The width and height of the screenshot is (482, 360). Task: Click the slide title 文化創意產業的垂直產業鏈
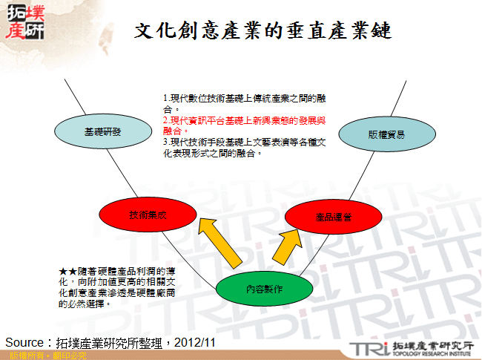[x=263, y=31]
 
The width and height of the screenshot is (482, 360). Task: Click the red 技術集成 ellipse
[x=147, y=214]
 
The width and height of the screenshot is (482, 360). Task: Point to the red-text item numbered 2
[x=248, y=124]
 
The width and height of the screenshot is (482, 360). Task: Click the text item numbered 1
[x=248, y=102]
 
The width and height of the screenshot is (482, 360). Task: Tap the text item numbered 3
[x=248, y=145]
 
